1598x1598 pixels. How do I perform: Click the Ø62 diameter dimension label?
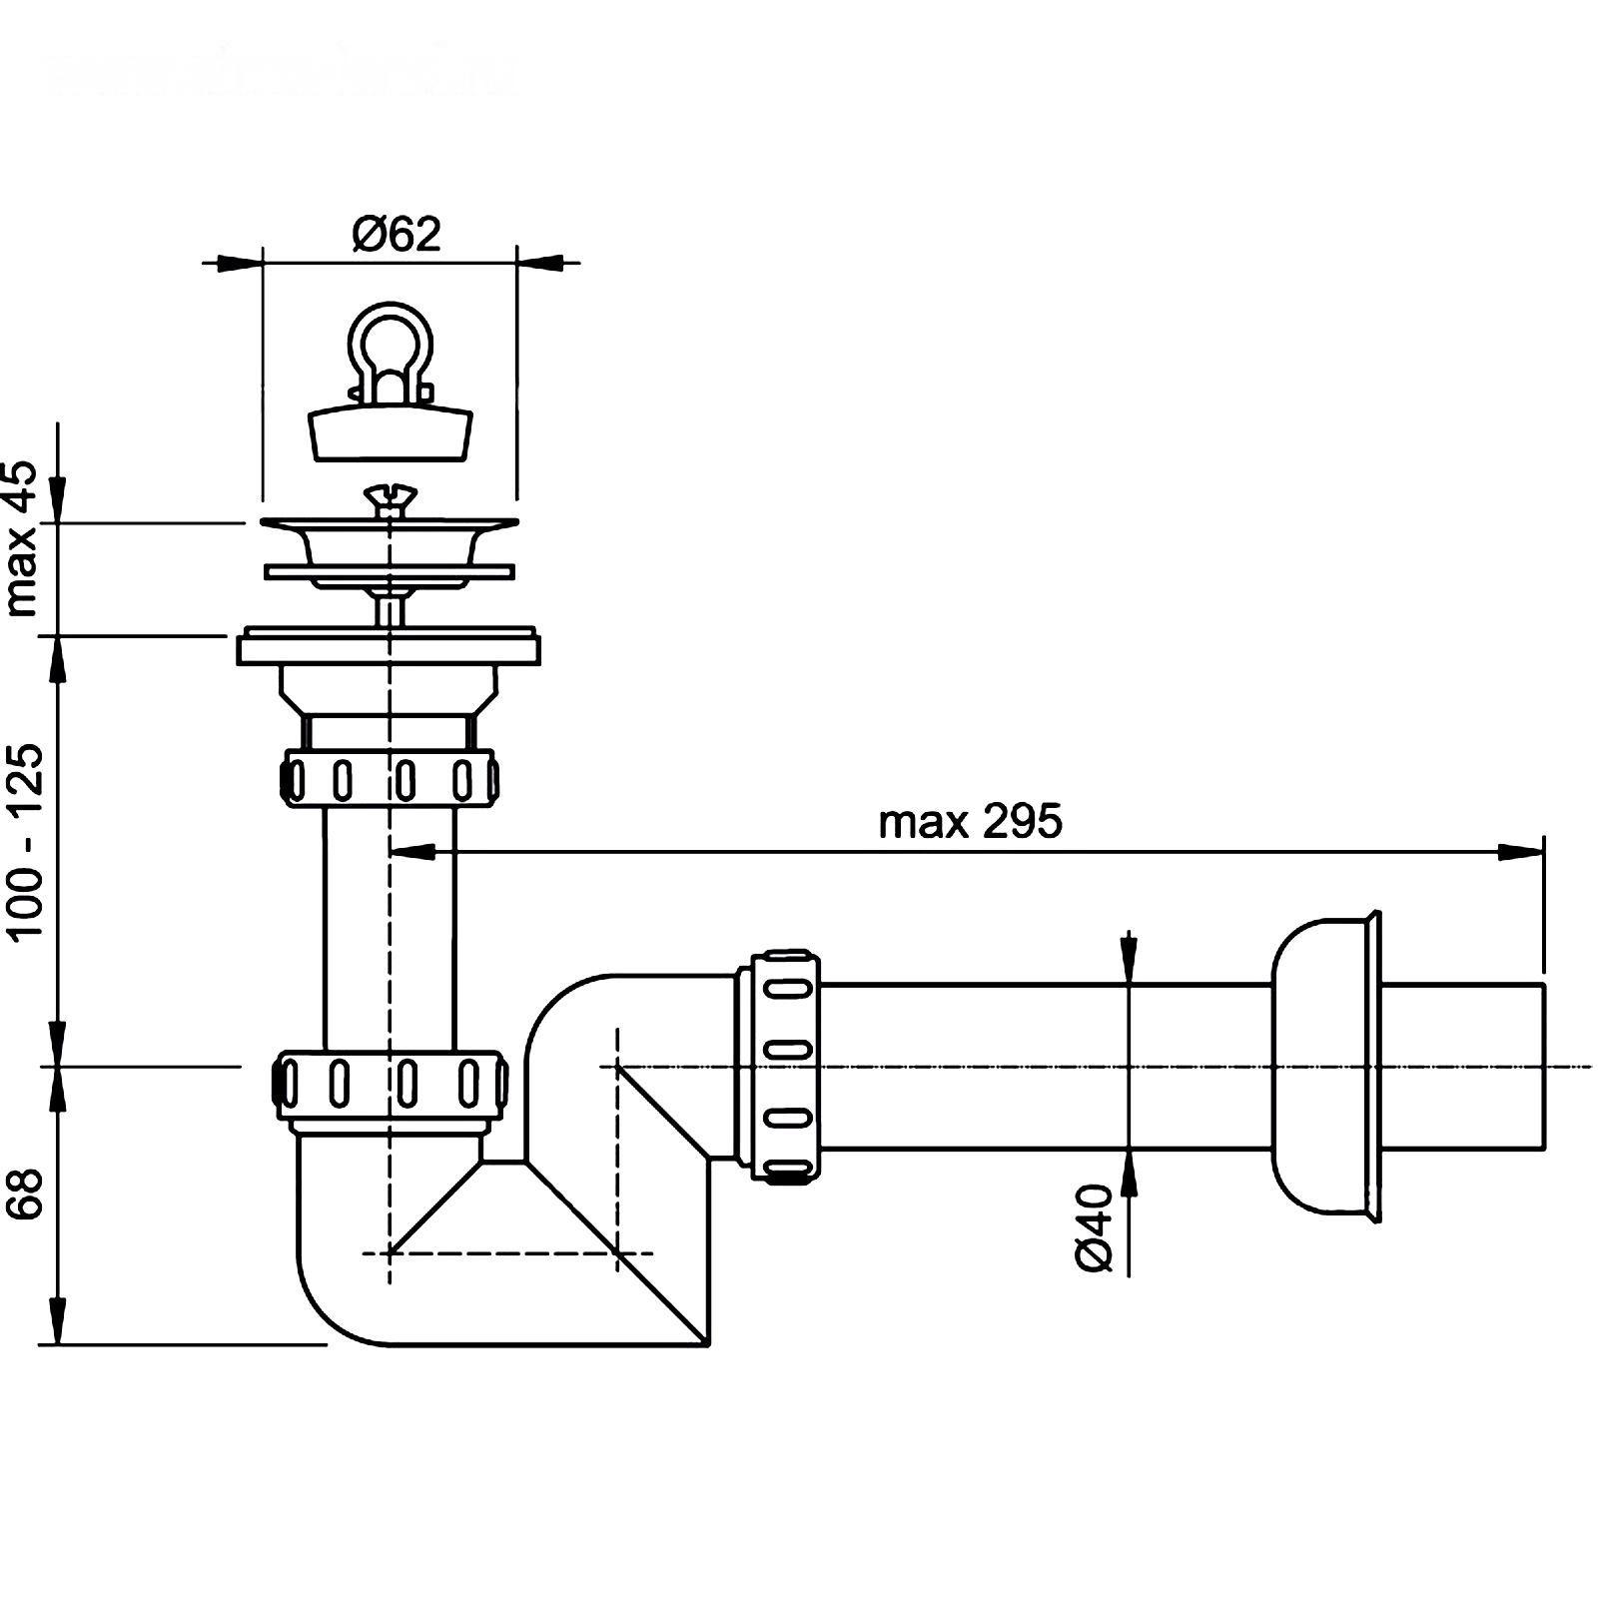(397, 235)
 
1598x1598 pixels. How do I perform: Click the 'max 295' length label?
(970, 822)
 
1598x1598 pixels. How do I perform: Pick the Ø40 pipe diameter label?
(1096, 1227)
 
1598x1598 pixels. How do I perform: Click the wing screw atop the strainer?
(389, 497)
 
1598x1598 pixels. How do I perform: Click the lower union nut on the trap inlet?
(390, 1082)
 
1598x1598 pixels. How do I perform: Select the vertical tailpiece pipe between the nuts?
(390, 929)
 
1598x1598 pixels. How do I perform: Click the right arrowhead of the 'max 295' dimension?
(1522, 852)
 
